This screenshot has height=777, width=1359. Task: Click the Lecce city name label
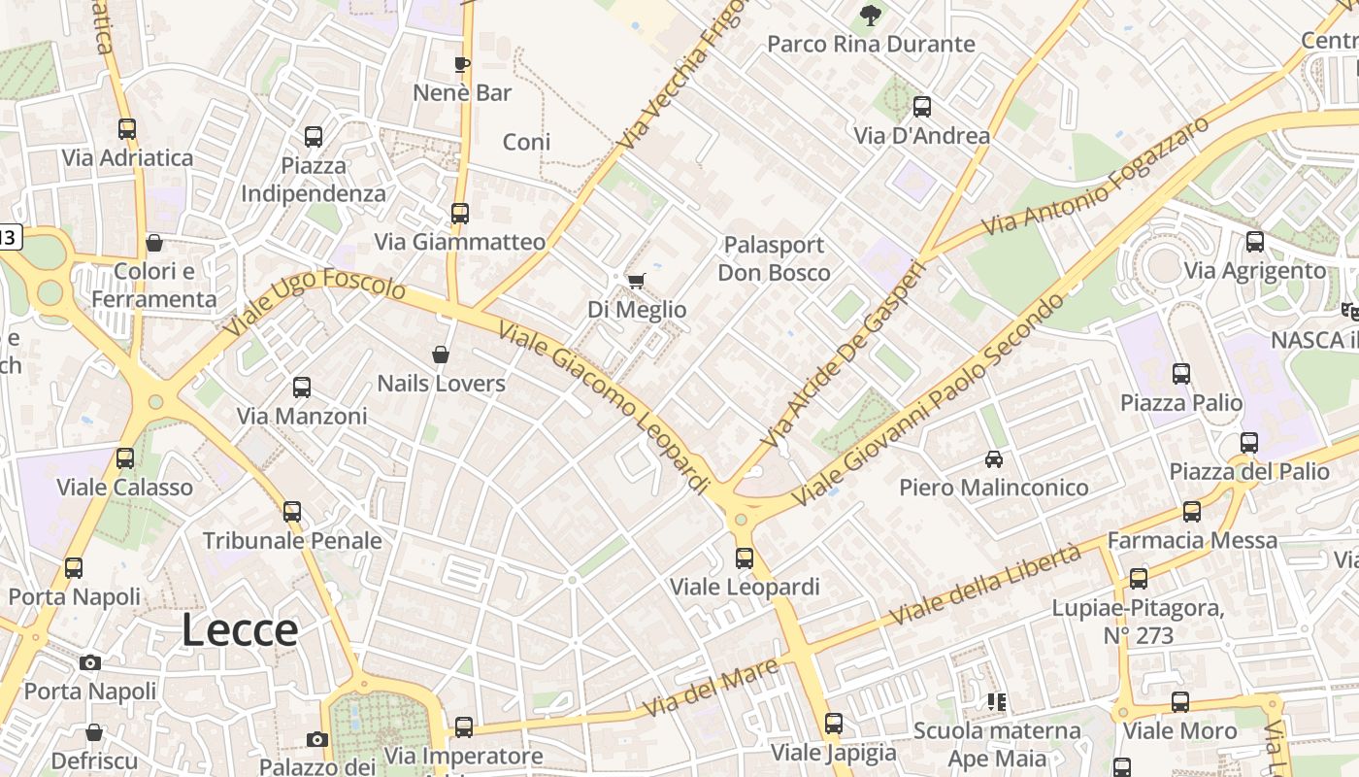tap(240, 630)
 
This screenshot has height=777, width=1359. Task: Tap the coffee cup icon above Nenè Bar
tap(462, 65)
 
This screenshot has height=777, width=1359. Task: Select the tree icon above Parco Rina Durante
tap(870, 15)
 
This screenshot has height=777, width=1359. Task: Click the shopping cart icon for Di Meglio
tap(636, 282)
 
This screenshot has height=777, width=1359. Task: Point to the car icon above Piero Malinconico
tap(993, 458)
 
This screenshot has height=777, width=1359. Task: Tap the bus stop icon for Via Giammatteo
tap(459, 213)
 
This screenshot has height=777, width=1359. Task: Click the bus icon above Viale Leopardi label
tap(745, 558)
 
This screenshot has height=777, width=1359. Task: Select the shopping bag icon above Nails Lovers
tap(441, 355)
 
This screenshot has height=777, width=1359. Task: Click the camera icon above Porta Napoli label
tap(90, 663)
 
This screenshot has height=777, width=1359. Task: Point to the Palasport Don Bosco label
tap(774, 258)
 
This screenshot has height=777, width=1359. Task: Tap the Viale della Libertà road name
tap(984, 585)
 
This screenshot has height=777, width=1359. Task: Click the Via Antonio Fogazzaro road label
tap(1096, 175)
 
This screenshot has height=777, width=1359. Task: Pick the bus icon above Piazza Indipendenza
tap(313, 137)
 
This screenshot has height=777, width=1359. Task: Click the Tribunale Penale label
tap(292, 541)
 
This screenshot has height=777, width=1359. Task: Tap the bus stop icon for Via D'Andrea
tap(921, 107)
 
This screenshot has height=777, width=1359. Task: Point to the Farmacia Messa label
tap(1192, 540)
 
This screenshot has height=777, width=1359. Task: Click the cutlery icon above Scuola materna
tap(996, 701)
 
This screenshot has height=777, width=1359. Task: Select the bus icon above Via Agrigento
tap(1254, 242)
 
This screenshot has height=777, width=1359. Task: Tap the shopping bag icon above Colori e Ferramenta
tap(153, 243)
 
